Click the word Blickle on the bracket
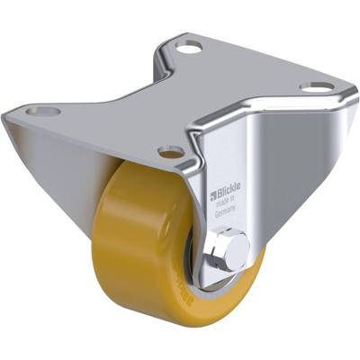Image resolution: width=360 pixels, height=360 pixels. [x=229, y=193]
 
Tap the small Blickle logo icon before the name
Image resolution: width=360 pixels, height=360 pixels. [x=213, y=194]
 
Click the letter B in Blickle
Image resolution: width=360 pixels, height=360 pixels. [x=219, y=193]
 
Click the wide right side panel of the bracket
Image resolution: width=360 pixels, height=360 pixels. [x=297, y=180]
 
